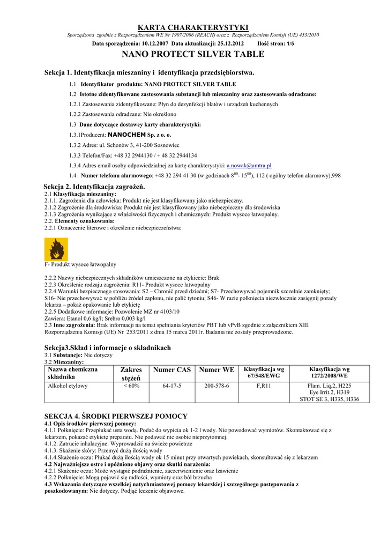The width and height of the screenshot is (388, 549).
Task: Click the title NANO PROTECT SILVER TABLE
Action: pyautogui.click(x=193, y=54)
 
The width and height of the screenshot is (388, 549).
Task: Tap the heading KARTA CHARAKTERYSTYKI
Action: pyautogui.click(x=193, y=27)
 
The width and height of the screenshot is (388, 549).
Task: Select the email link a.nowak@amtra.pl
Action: pyautogui.click(x=249, y=166)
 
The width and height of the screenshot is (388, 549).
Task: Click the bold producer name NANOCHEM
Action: pyautogui.click(x=127, y=135)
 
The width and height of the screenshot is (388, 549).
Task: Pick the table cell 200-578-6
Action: pyautogui.click(x=217, y=385)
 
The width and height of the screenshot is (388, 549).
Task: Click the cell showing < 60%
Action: pyautogui.click(x=131, y=385)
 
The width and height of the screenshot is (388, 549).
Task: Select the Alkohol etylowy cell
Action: pyautogui.click(x=68, y=385)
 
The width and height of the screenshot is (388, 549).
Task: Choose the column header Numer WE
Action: pyautogui.click(x=217, y=369)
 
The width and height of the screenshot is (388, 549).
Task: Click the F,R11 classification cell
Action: pyautogui.click(x=264, y=385)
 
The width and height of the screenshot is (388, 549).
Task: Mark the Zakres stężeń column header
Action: pyautogui.click(x=131, y=374)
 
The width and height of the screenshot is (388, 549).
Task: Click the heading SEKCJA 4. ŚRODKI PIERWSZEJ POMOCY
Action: pyautogui.click(x=116, y=416)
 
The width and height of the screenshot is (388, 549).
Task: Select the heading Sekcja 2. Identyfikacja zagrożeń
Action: pyautogui.click(x=94, y=186)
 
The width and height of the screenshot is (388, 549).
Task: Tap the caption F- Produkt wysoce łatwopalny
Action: pyautogui.click(x=80, y=264)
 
